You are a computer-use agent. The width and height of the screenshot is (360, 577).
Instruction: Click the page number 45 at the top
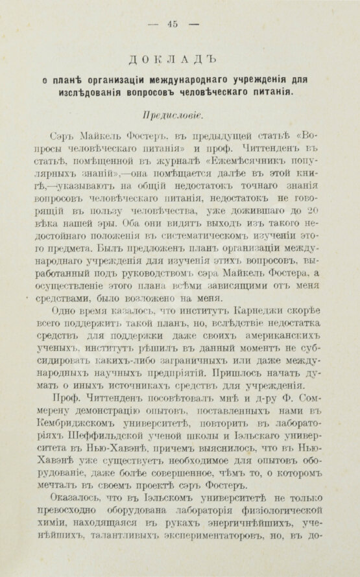click(173, 25)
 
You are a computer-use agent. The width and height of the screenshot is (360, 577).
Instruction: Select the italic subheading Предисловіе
click(173, 115)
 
